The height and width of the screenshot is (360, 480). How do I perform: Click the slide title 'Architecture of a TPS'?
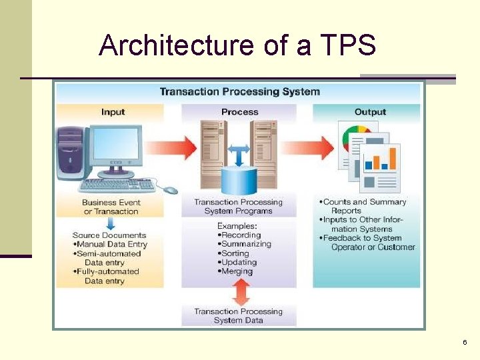pos(237,45)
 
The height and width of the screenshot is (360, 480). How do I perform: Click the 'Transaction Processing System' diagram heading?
pos(239,92)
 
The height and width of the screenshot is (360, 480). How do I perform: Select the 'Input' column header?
pos(113,112)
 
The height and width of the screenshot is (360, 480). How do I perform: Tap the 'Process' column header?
pos(239,112)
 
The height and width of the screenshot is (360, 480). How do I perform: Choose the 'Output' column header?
pos(370,112)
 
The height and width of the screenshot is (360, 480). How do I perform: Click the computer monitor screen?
pos(116,147)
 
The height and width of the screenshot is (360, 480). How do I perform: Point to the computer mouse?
pos(171,190)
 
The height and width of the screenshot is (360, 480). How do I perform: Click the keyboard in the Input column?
pos(117,185)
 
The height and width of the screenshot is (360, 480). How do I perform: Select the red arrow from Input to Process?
pos(171,147)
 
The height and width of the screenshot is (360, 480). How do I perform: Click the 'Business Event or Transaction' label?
pos(111,207)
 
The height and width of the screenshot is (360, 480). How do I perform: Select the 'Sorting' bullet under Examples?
pos(234,253)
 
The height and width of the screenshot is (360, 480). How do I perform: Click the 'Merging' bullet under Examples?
pos(236,271)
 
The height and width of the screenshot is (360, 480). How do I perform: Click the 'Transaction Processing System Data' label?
pos(238,316)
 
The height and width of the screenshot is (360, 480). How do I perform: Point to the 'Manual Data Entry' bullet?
pos(111,245)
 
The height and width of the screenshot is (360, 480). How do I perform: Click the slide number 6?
pos(464,342)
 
